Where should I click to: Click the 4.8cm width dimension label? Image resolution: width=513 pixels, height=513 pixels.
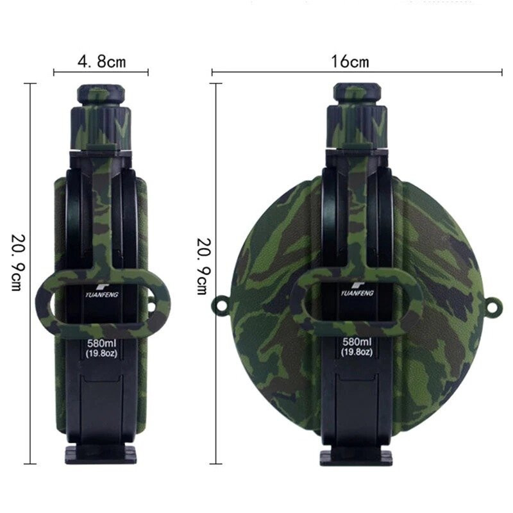point(101,61)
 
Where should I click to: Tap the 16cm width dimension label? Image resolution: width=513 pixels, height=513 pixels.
point(350,61)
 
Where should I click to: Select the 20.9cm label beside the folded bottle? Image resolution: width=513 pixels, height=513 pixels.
point(17,262)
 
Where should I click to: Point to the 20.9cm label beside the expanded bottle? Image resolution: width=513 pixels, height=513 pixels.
point(203,266)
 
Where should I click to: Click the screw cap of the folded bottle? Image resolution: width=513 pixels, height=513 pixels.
point(101,94)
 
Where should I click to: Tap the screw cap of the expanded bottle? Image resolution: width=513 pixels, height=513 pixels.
point(357,94)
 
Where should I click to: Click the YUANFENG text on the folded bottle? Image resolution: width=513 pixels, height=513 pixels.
point(102,295)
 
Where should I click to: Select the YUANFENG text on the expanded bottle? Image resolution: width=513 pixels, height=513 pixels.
point(357,293)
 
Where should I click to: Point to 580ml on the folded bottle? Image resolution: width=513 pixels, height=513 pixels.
point(101,344)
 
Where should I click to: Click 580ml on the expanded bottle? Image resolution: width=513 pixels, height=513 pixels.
point(357,342)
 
